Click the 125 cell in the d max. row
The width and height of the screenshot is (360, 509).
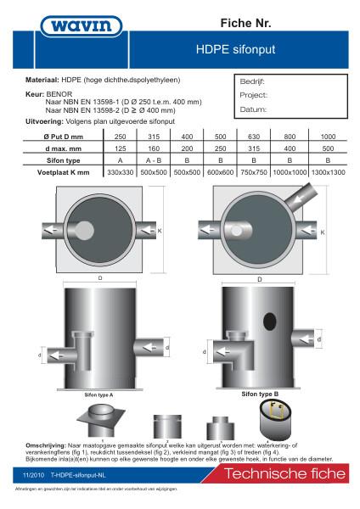[x=121, y=148]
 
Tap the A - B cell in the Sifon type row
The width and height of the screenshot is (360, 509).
[x=153, y=159]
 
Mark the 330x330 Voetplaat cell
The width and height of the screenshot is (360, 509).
[x=121, y=171]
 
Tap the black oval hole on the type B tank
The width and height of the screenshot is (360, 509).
[x=269, y=322]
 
